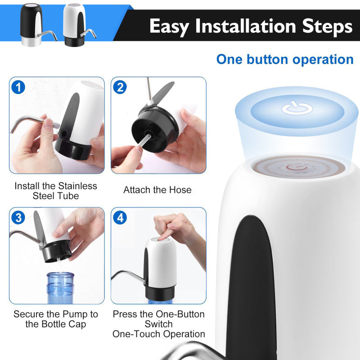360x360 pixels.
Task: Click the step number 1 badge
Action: [18, 86]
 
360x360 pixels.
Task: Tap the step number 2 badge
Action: [120, 86]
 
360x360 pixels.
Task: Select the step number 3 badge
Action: [18, 218]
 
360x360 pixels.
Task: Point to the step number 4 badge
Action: [120, 218]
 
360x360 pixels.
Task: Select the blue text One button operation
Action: [284, 59]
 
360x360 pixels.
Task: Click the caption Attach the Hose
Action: [157, 190]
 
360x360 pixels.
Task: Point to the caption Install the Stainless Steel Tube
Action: [56, 191]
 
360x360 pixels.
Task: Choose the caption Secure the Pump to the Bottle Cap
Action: [56, 319]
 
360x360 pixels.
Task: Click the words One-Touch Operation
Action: [158, 334]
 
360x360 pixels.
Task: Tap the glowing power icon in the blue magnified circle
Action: [297, 108]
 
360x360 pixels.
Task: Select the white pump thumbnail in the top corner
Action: [75, 23]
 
